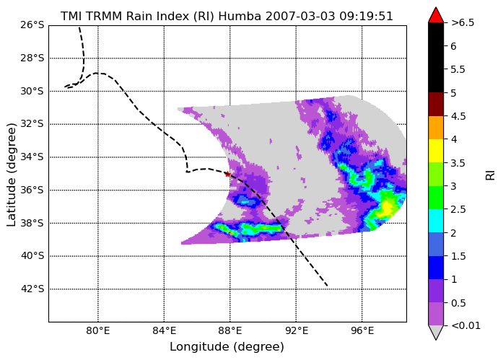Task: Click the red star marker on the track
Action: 227,174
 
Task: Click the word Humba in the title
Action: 240,16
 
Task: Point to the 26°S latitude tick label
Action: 32,25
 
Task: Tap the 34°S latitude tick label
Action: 32,157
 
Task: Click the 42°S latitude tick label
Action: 32,289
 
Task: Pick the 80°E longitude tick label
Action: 98,330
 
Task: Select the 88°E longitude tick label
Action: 230,330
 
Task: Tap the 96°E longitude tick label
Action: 362,330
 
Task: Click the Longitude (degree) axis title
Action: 227,346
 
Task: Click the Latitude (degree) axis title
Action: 11,175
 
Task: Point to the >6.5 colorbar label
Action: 463,23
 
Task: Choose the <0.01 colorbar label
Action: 465,325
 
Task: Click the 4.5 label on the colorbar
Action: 458,116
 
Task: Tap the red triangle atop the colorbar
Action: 436,15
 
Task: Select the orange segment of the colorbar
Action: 436,128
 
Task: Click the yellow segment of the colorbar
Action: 436,151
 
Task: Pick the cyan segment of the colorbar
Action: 436,221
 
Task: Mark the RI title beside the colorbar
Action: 491,175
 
